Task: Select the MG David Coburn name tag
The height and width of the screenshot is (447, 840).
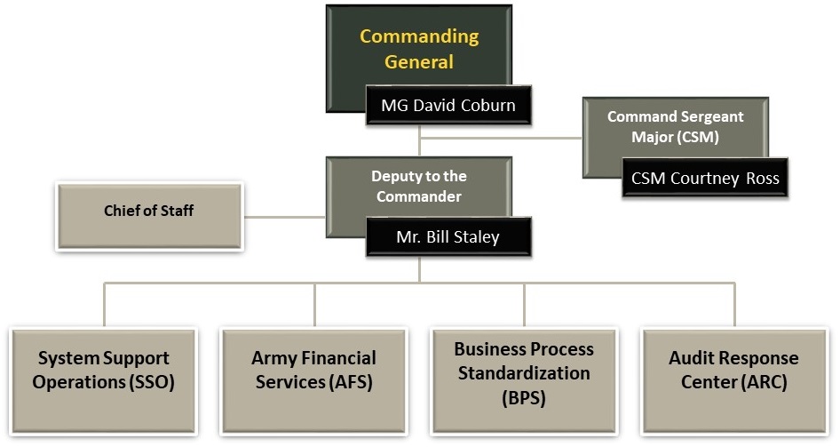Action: point(448,105)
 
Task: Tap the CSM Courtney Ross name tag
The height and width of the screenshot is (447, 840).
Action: point(705,178)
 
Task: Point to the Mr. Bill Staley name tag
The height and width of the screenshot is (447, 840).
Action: point(448,237)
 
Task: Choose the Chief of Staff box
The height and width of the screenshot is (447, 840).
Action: point(149,212)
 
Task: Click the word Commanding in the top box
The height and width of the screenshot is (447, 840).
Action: point(419,36)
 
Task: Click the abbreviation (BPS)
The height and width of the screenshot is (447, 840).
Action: point(523,397)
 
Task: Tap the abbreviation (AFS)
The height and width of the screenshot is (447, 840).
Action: point(351,383)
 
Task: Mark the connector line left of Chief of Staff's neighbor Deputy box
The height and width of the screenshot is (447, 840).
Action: point(283,216)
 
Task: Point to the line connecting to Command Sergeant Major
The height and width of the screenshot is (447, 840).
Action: point(502,139)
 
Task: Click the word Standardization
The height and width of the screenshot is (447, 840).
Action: point(524,373)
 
